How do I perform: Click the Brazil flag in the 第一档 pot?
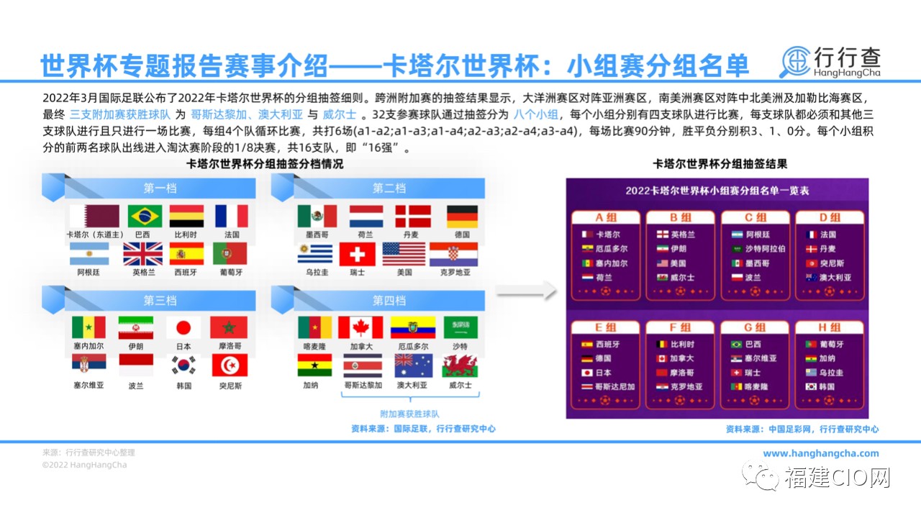(145, 217)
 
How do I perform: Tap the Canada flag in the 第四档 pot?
(360, 327)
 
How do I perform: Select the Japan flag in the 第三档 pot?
(183, 327)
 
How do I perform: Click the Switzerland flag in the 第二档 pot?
(357, 254)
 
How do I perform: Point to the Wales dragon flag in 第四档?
(460, 365)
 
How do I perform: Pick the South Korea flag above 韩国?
(183, 365)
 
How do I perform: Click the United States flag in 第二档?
(404, 254)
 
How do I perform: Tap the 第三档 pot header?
(160, 301)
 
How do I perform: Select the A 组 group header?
(606, 217)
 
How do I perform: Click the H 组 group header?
(830, 327)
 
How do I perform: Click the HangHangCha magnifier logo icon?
(795, 62)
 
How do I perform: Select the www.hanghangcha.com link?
(821, 453)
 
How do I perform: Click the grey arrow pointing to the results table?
(526, 291)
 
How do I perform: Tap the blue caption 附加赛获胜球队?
(409, 414)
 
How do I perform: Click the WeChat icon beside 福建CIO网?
(761, 476)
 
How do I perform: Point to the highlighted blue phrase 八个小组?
(536, 114)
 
